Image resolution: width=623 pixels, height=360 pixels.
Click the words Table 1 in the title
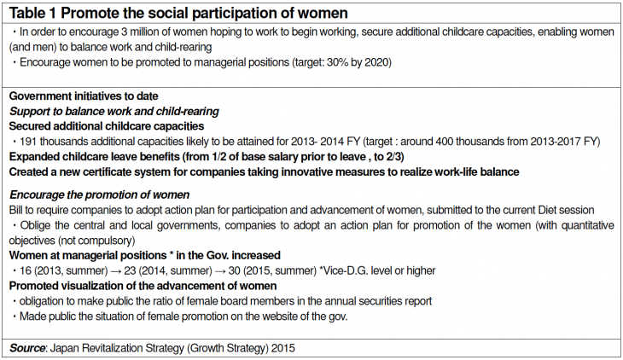click(32, 13)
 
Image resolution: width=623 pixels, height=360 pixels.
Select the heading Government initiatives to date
click(84, 96)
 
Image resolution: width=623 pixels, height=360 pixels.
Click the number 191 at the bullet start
click(28, 142)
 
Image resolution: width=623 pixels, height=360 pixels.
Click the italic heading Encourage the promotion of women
click(99, 195)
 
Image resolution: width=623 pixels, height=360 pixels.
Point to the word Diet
click(547, 210)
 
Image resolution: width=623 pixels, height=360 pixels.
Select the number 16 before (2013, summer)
click(26, 271)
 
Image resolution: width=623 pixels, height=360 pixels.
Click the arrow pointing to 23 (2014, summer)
click(115, 271)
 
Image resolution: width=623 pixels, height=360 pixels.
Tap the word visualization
click(95, 286)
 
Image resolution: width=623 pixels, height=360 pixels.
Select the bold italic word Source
click(27, 348)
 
